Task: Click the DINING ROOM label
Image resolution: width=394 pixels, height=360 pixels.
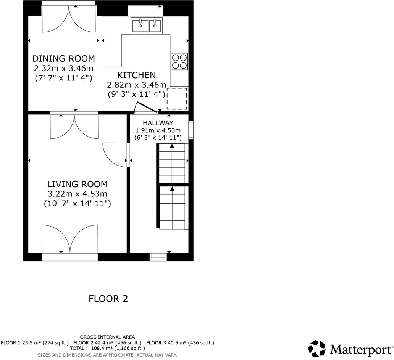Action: pyautogui.click(x=63, y=59)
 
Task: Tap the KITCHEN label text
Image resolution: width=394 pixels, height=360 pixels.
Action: pyautogui.click(x=136, y=75)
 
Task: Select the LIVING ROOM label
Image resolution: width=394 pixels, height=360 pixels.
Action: pyautogui.click(x=77, y=184)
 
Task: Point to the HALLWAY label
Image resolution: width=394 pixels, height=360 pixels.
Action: pyautogui.click(x=158, y=123)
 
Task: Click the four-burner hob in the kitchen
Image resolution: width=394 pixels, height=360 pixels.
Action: pyautogui.click(x=179, y=61)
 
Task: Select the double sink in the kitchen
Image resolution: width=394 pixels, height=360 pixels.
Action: pyautogui.click(x=147, y=26)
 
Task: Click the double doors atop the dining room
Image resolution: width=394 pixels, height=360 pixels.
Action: pyautogui.click(x=68, y=19)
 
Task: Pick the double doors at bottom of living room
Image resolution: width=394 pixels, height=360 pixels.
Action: pyautogui.click(x=70, y=239)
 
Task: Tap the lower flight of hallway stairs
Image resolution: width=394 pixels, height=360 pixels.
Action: pyautogui.click(x=172, y=207)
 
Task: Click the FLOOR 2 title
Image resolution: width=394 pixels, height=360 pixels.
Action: pyautogui.click(x=108, y=299)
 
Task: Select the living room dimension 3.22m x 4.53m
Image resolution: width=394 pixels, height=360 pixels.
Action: pyautogui.click(x=77, y=194)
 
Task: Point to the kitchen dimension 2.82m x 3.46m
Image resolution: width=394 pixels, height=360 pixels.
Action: pyautogui.click(x=136, y=85)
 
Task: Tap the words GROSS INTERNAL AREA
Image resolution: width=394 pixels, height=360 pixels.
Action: pyautogui.click(x=107, y=337)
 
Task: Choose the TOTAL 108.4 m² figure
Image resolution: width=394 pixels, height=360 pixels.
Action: pyautogui.click(x=107, y=348)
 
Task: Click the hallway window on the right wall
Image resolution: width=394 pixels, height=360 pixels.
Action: pyautogui.click(x=191, y=130)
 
